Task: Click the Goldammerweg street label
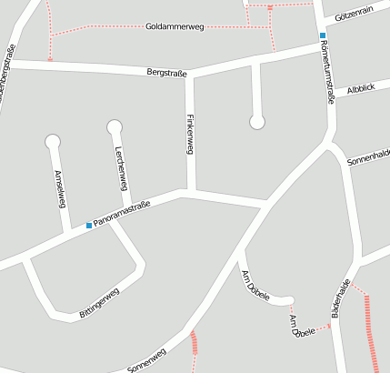175,27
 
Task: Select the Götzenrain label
355,16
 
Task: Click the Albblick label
360,88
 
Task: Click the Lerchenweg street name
120,167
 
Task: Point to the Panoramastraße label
123,214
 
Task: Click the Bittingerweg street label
99,304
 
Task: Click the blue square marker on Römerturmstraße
322,35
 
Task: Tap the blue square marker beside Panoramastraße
89,225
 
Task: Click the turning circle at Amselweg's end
52,141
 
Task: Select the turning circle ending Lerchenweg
114,126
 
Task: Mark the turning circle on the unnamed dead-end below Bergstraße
257,121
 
